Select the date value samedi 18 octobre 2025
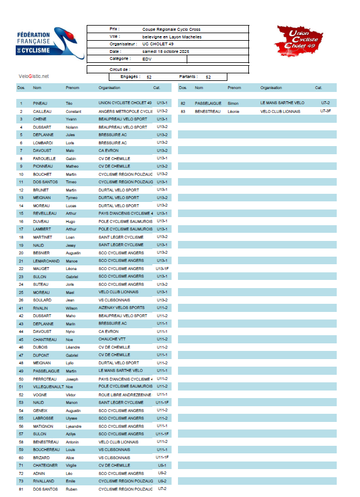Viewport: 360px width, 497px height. click(166, 51)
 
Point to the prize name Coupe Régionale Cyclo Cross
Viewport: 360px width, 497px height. click(172, 29)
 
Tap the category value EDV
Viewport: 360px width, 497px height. click(147, 59)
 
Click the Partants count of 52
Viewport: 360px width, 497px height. click(208, 77)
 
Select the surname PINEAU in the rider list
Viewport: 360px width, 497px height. click(40, 103)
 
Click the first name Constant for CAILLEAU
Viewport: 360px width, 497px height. click(73, 111)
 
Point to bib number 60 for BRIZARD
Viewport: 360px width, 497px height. click(21, 457)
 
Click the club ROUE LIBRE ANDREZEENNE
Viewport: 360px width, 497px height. click(125, 395)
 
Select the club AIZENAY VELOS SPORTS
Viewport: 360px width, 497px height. click(122, 308)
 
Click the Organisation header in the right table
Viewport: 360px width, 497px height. click(271, 88)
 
